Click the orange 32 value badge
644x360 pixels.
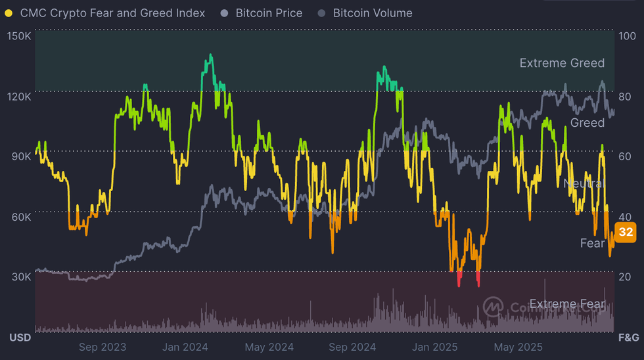tap(626, 232)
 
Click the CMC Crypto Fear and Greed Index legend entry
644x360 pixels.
tap(112, 13)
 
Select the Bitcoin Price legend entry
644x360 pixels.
tap(269, 13)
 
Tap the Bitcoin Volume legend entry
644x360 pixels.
tap(373, 13)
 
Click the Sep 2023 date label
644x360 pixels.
tap(102, 347)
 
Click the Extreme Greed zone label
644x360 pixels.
tap(562, 63)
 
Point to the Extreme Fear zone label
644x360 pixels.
tap(566, 304)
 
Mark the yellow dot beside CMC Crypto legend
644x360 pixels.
tap(9, 13)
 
